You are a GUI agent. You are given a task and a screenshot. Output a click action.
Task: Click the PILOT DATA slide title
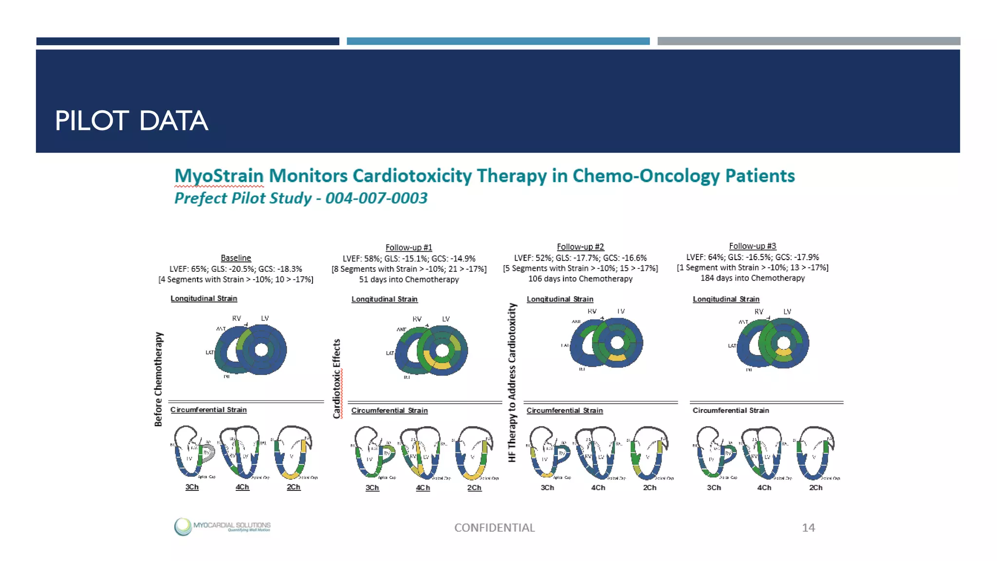[131, 121]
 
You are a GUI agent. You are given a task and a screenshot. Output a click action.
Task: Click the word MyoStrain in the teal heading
[219, 176]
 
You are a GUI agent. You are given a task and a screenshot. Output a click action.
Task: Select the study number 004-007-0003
[376, 198]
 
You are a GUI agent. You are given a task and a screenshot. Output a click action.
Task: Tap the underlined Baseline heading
[236, 258]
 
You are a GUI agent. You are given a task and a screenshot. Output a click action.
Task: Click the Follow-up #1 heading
[408, 247]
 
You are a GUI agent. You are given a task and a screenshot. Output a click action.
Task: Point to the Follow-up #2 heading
[580, 247]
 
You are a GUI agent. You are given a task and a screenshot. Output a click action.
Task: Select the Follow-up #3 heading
[752, 246]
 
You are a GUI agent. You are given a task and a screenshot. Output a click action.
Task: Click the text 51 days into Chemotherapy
[408, 280]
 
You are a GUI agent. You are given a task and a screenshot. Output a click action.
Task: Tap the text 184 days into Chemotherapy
[752, 278]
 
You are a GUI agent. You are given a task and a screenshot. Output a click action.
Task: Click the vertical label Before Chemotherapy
[158, 379]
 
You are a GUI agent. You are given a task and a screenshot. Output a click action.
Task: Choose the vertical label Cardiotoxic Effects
[336, 379]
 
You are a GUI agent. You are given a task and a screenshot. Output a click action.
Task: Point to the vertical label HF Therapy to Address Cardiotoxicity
[512, 382]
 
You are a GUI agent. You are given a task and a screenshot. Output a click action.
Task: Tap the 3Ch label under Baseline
[192, 487]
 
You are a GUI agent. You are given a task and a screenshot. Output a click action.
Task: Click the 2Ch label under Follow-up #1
[474, 487]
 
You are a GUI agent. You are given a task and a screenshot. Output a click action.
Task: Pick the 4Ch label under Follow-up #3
[764, 487]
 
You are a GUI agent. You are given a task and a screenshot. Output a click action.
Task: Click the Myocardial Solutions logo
[222, 526]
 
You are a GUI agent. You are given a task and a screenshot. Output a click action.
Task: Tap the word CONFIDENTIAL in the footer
[494, 527]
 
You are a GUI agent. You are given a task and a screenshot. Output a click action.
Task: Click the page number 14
[808, 527]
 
